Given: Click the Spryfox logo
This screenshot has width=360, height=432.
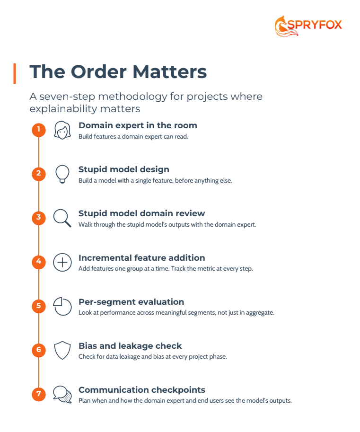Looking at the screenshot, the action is pos(308,26).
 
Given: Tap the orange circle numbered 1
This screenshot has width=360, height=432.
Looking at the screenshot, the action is pos(39,130).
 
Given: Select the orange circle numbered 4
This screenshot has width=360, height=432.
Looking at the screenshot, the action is pos(39,262).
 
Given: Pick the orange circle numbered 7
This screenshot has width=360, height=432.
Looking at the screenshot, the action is pos(39,394).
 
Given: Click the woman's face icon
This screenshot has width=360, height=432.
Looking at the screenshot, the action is pos(62,130).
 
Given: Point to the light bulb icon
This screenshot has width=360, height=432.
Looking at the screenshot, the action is pos(62,174).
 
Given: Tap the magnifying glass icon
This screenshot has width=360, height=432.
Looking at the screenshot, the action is pos(62,218).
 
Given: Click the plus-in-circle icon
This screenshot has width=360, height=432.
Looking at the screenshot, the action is pos(62,262).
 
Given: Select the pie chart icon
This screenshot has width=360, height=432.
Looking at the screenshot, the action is pos(62,306).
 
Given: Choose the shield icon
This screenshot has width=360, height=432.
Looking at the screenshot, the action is pos(62,351).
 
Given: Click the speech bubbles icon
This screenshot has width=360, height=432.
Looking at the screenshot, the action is pos(62,395).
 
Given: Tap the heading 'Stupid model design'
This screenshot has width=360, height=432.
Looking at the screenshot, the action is pos(124,169).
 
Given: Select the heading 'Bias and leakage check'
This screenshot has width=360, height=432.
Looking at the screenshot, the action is pos(130,346).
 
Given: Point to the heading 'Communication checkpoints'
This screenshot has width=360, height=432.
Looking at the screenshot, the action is pos(142,390).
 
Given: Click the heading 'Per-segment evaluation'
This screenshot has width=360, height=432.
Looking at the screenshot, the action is pos(132,302).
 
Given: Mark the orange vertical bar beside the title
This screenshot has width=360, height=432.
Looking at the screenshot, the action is pos(15,73).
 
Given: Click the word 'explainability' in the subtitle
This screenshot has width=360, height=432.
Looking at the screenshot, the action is pos(63,109).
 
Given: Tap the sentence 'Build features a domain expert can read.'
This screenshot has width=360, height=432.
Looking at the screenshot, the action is pos(133,137).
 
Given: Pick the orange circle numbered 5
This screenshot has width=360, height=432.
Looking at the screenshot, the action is pos(39,306).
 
